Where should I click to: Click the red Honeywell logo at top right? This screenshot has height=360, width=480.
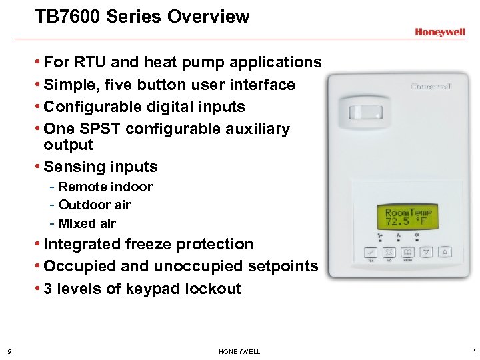pos(439,31)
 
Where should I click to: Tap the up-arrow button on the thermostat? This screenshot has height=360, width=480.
pos(446,253)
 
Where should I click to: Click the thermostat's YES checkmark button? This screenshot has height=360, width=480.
pos(369,253)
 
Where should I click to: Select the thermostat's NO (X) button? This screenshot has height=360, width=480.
pos(389,253)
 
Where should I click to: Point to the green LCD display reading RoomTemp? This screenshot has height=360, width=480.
pos(407,216)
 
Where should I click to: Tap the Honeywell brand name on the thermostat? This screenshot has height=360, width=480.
pos(431,87)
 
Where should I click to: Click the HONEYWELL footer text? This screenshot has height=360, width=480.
pos(239,351)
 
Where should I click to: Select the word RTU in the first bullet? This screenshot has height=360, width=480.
pos(92,63)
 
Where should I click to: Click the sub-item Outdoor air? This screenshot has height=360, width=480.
pos(95,205)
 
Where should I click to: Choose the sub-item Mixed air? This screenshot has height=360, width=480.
pos(87,223)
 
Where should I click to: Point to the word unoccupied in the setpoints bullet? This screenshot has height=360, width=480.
pos(203,266)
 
